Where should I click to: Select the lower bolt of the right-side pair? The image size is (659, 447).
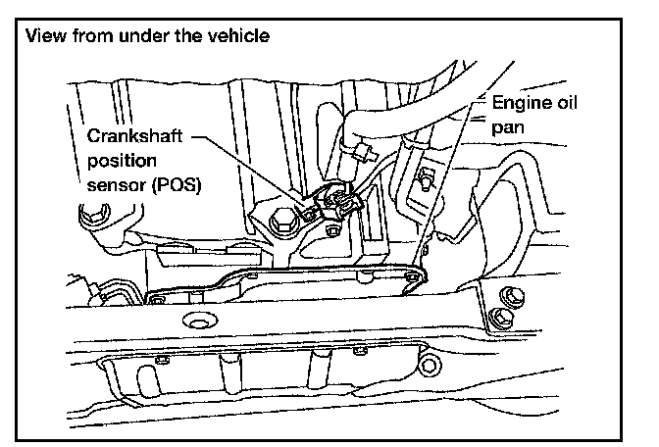coord(497,317)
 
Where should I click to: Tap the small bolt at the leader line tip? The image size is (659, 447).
coord(413,280)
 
